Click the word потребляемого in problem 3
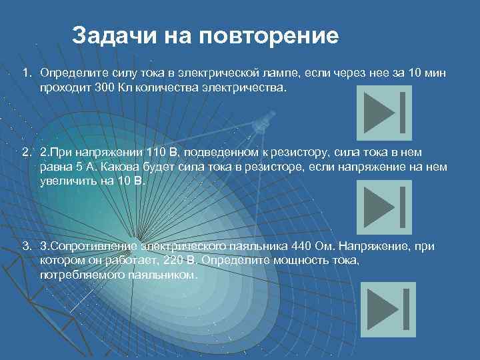point(77,274)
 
